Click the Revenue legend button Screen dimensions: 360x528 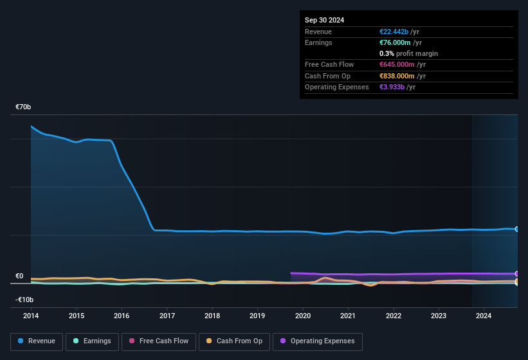pyautogui.click(x=36, y=341)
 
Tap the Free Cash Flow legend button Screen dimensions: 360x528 pyautogui.click(x=159, y=341)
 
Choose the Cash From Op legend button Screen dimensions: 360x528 pyautogui.click(x=234, y=341)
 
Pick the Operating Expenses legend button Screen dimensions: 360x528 pyautogui.click(x=318, y=341)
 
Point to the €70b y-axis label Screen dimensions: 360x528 pyautogui.click(x=24, y=107)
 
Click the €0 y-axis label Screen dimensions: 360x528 pyautogui.click(x=19, y=276)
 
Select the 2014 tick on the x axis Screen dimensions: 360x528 pyautogui.click(x=31, y=316)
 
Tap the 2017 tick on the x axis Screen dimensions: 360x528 pyautogui.click(x=167, y=316)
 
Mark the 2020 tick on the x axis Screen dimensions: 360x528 pyautogui.click(x=303, y=316)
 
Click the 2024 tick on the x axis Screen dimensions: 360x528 pyautogui.click(x=484, y=316)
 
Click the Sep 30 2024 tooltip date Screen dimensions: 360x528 pyautogui.click(x=324, y=20)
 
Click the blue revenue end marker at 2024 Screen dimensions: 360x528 pyautogui.click(x=517, y=229)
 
